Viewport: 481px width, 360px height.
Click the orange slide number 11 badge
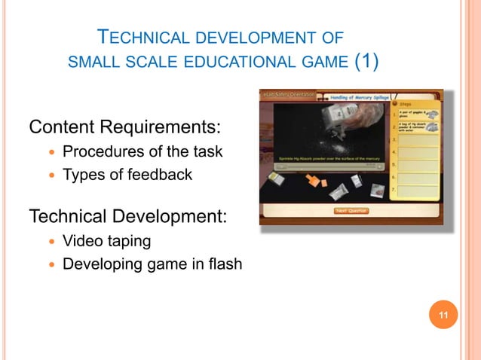click(x=443, y=314)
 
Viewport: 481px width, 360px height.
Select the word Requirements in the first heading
click(x=170, y=124)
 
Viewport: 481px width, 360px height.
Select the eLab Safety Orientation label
click(x=290, y=96)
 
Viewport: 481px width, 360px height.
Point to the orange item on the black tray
click(x=311, y=182)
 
